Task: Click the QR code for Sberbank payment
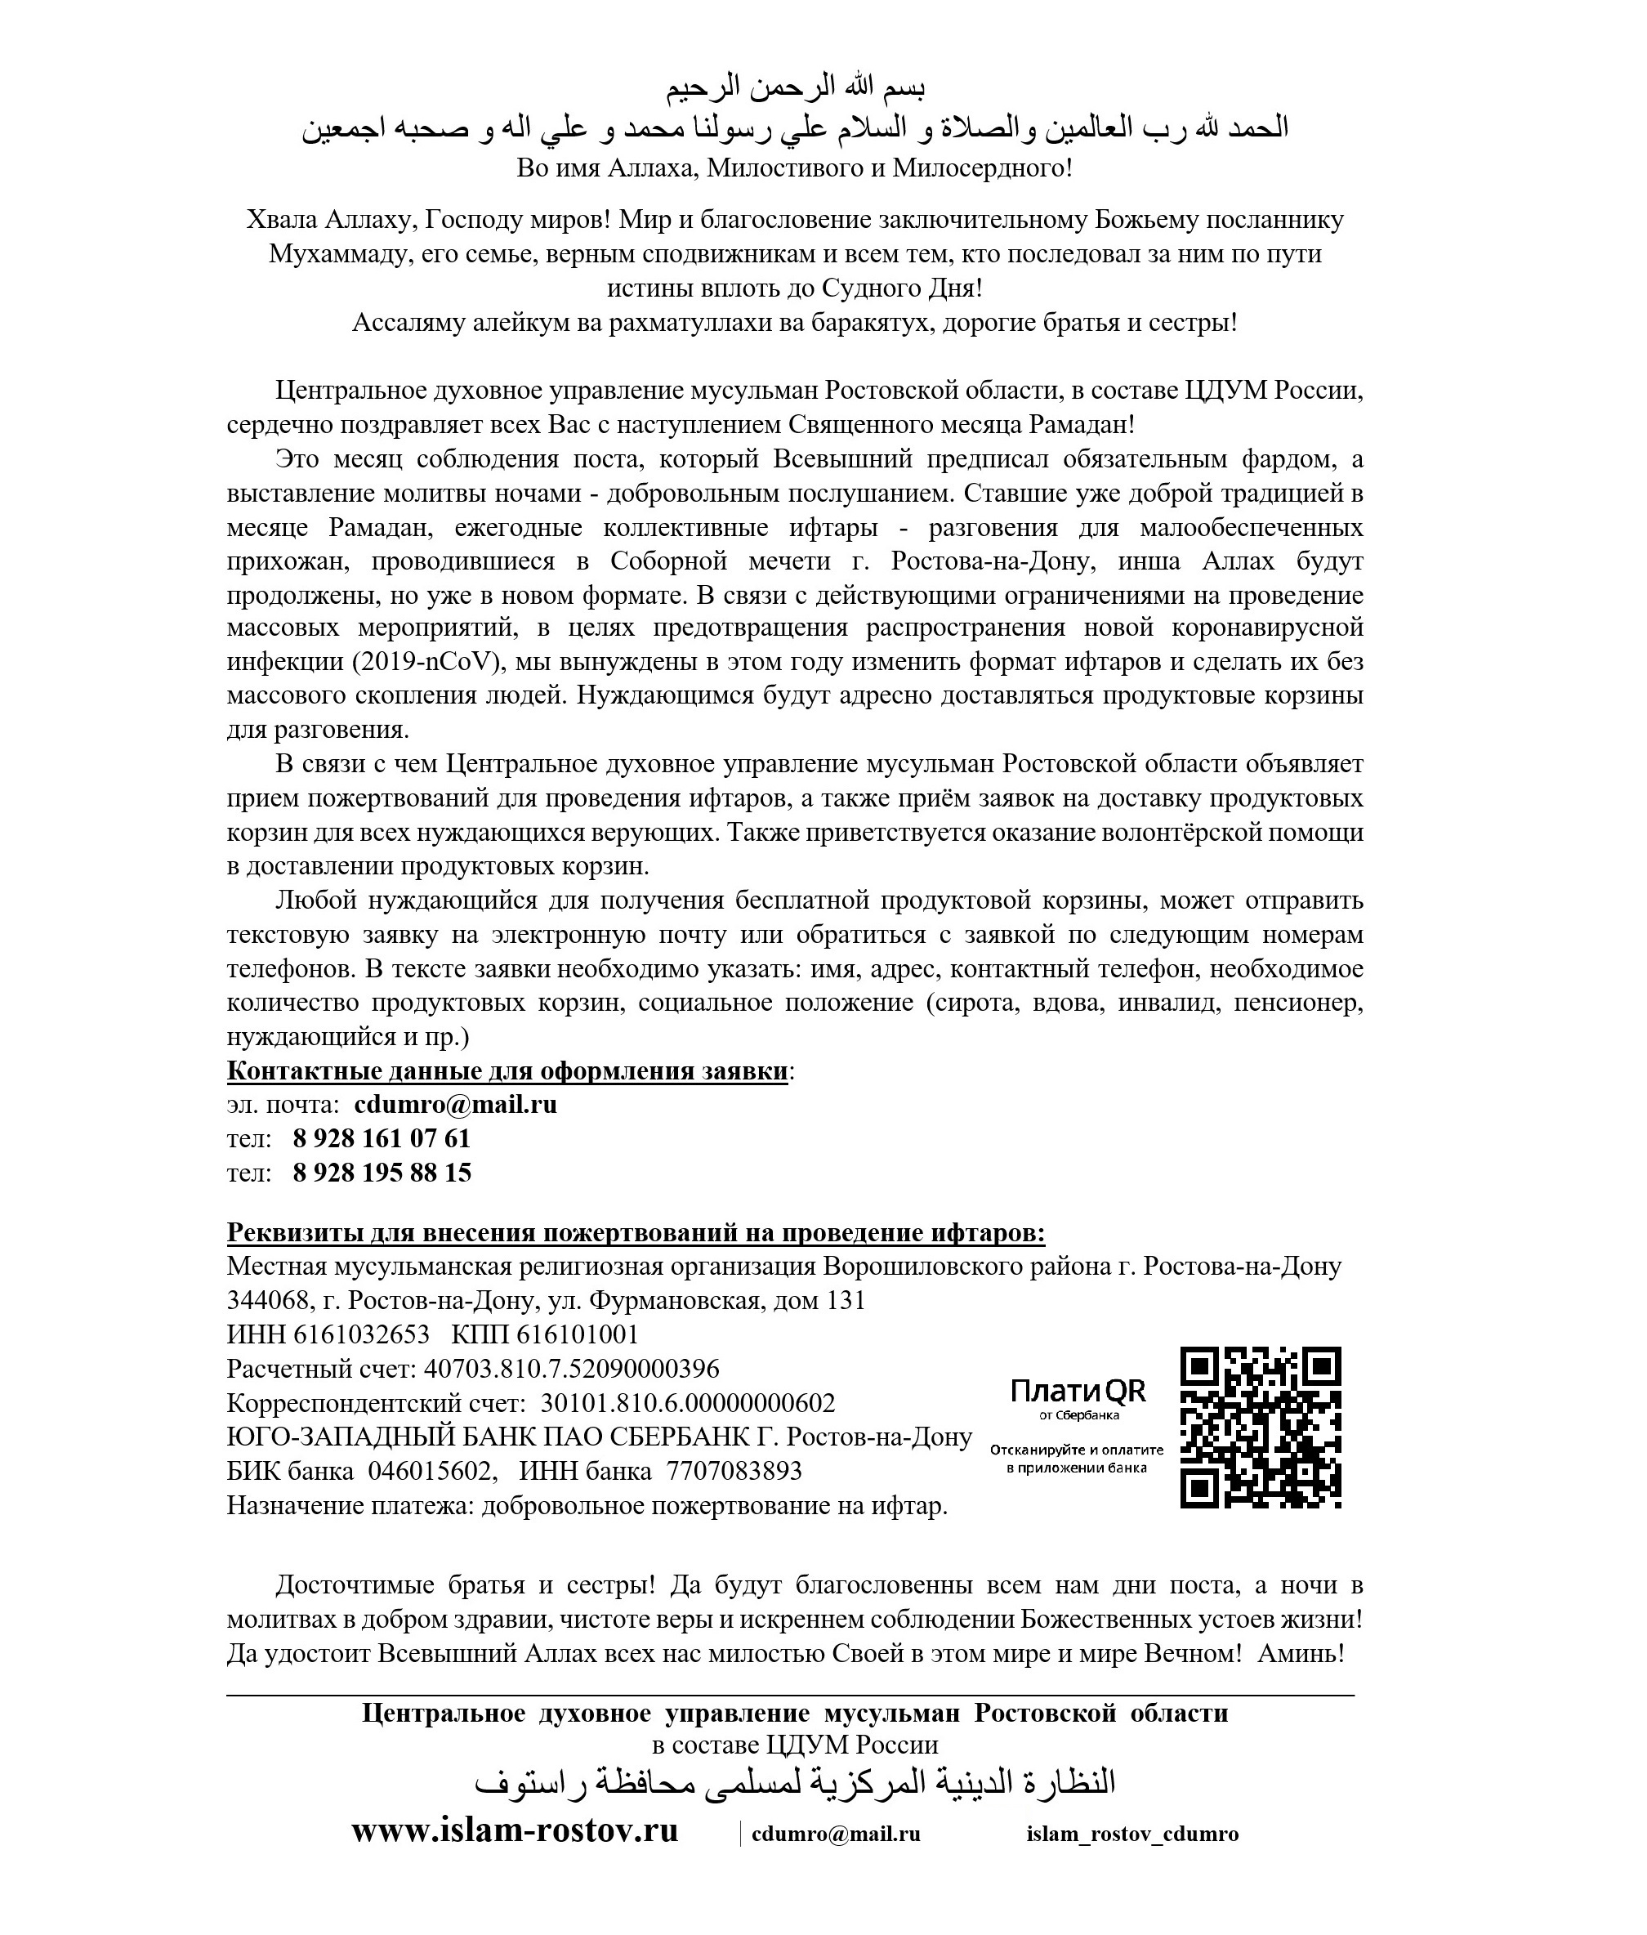pos(1261,1427)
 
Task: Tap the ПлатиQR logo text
pos(1078,1392)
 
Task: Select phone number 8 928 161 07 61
pos(381,1138)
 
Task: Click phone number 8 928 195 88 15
pos(381,1172)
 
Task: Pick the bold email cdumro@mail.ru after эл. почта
pos(456,1105)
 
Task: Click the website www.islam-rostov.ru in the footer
pos(515,1830)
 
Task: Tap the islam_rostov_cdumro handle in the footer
pos(1132,1833)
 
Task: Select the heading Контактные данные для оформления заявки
pos(508,1071)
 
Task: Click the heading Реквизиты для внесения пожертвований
pos(635,1233)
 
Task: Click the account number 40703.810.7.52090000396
pos(571,1369)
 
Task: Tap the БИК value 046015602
pos(430,1471)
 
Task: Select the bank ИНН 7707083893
pos(734,1471)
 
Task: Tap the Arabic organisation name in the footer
pos(795,1784)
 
